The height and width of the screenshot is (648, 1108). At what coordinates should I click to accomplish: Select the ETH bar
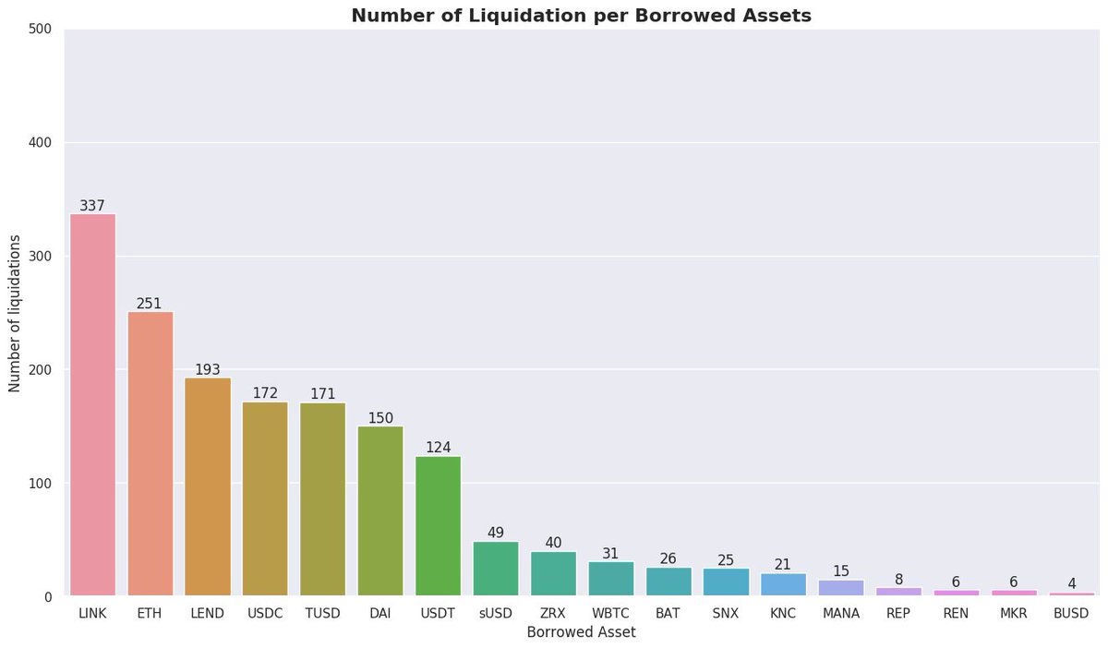(x=151, y=453)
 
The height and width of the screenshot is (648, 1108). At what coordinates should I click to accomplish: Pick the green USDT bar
(x=439, y=525)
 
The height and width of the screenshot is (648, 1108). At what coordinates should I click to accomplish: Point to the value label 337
(x=92, y=205)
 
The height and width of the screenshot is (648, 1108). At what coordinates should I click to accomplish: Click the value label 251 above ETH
(x=150, y=303)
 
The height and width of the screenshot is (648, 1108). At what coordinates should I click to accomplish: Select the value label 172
(x=265, y=393)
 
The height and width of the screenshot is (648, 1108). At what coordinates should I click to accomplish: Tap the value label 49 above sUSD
(x=496, y=533)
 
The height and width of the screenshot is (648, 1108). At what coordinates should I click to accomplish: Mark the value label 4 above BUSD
(x=1072, y=583)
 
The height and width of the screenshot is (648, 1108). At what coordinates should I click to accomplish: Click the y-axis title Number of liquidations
(x=15, y=313)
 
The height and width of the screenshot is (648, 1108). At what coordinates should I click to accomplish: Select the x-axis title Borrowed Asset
(x=581, y=633)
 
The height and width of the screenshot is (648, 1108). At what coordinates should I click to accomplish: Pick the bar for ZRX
(x=553, y=573)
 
